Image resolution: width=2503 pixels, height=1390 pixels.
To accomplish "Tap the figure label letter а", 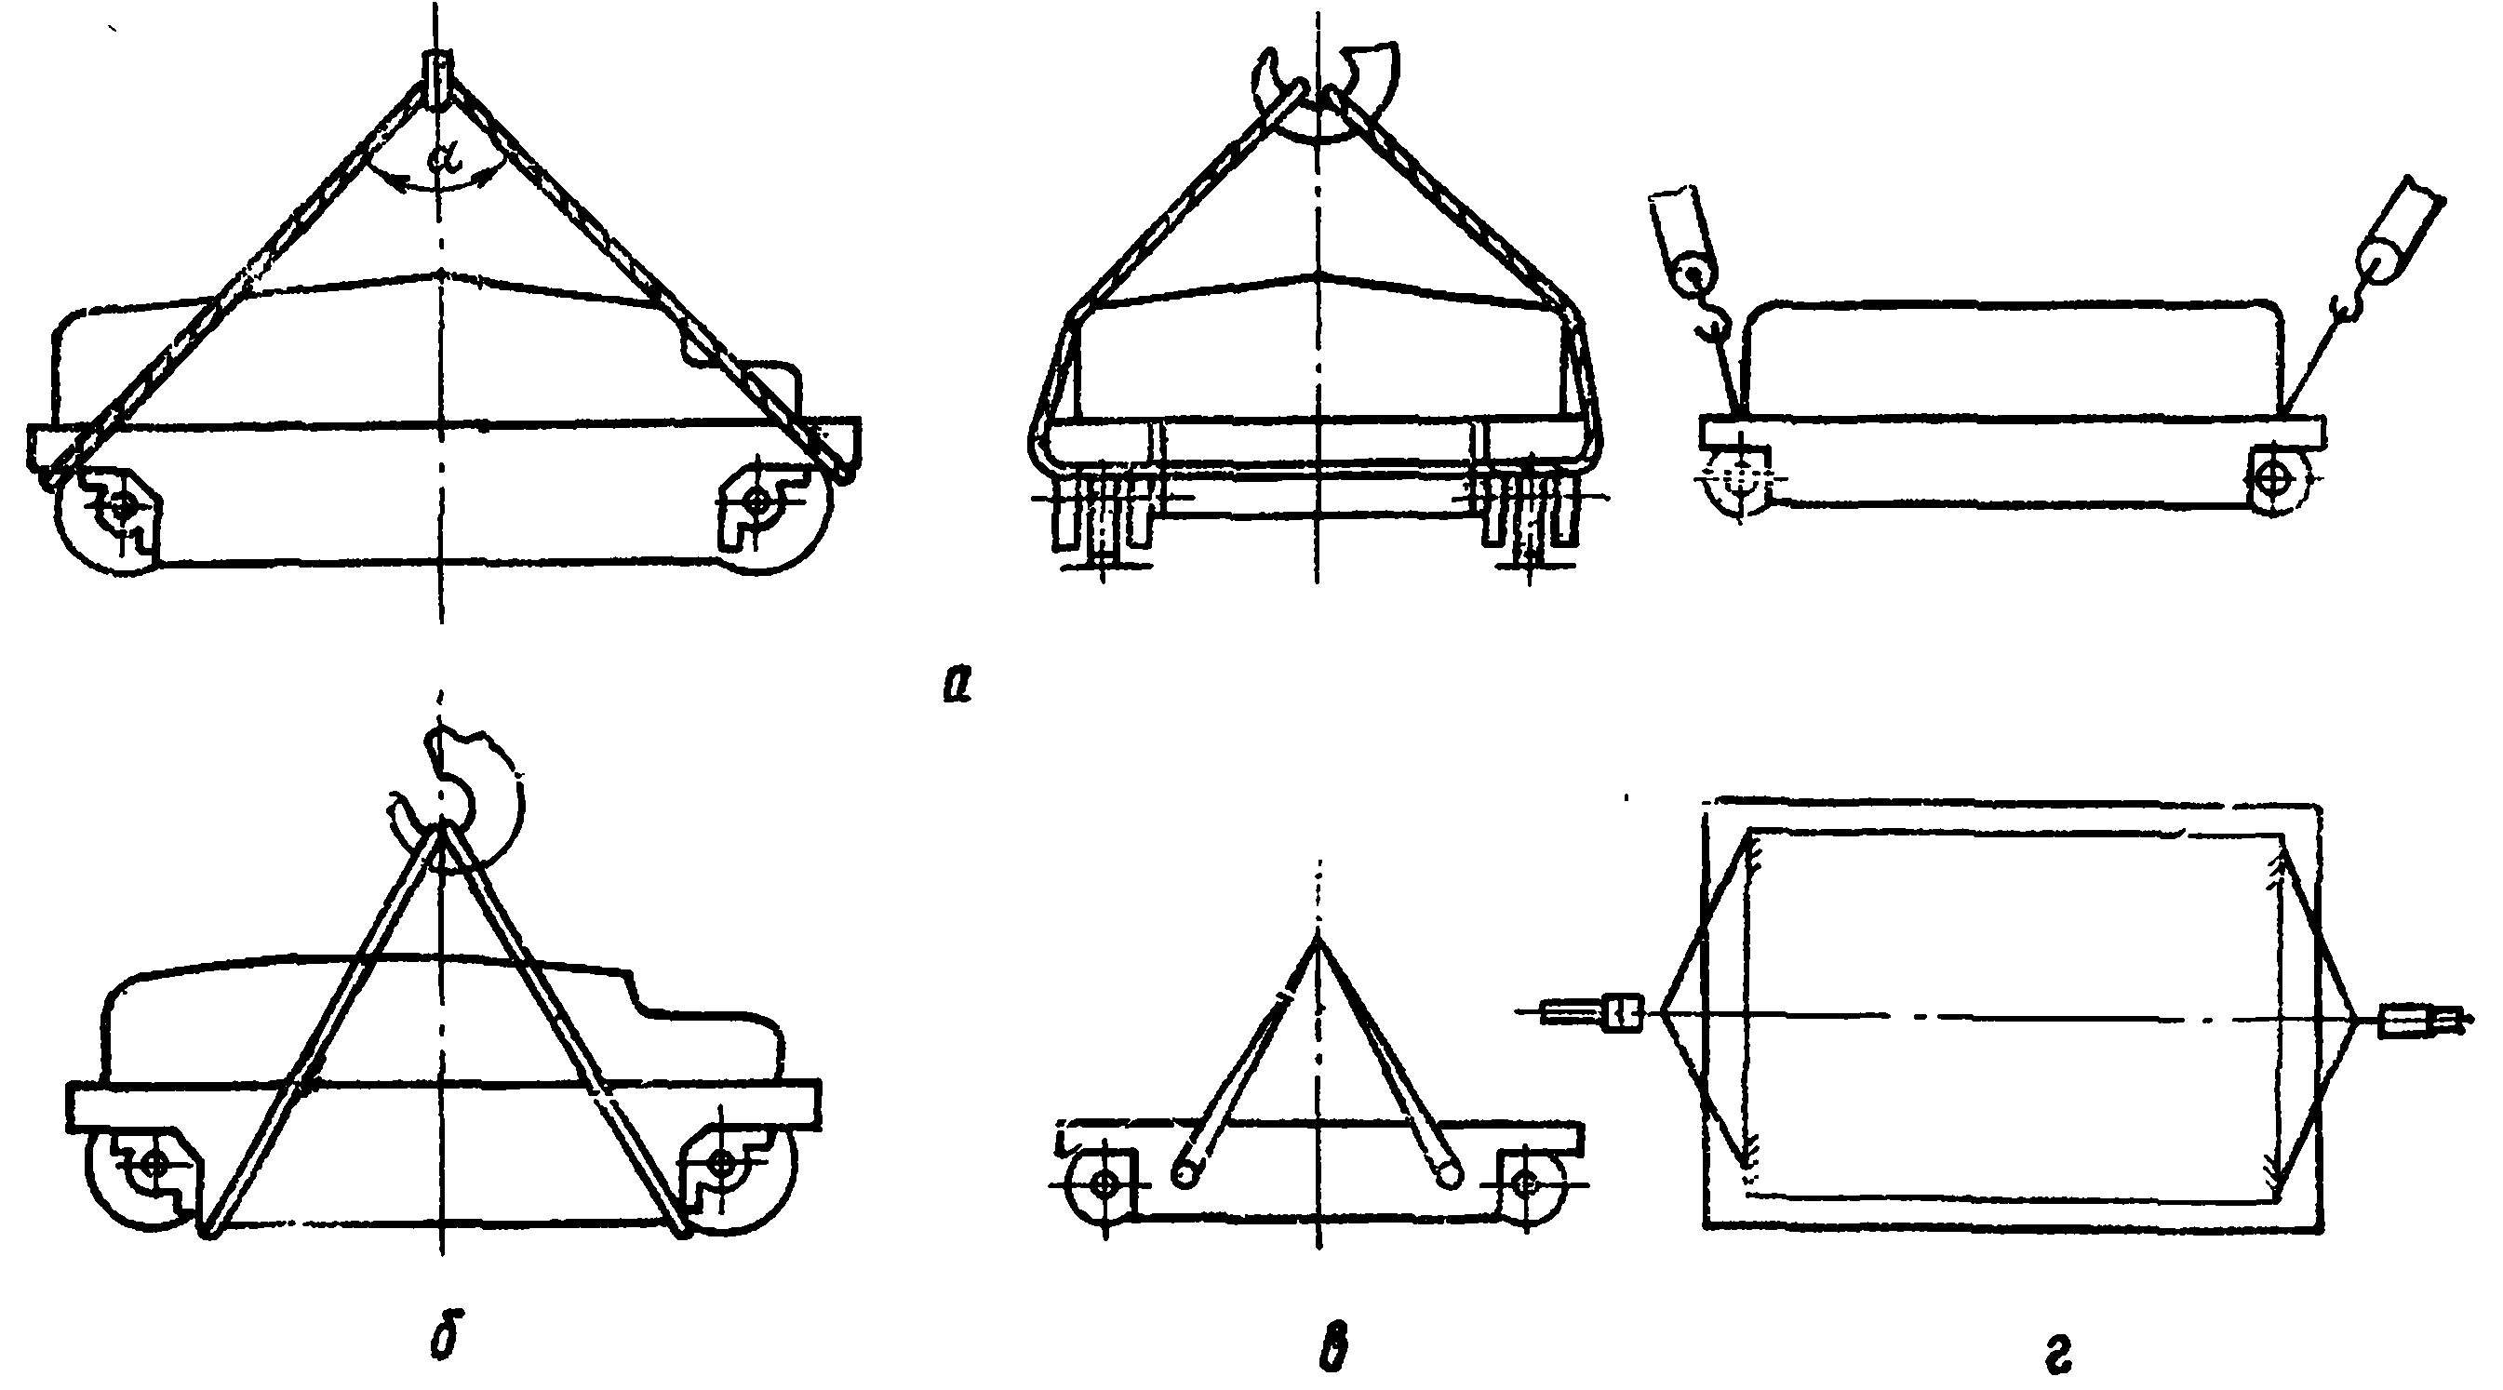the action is (x=957, y=685).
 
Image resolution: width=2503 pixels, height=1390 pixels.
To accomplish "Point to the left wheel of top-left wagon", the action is (x=107, y=515).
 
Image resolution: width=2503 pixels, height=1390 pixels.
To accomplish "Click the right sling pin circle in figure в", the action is (x=1449, y=1173).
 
